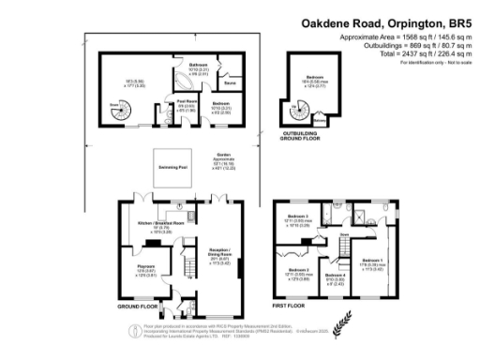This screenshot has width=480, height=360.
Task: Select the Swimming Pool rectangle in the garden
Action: pos(172,170)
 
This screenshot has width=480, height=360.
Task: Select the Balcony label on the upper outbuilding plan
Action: pos(320,119)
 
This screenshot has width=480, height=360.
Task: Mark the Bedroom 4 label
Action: pos(335,277)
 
